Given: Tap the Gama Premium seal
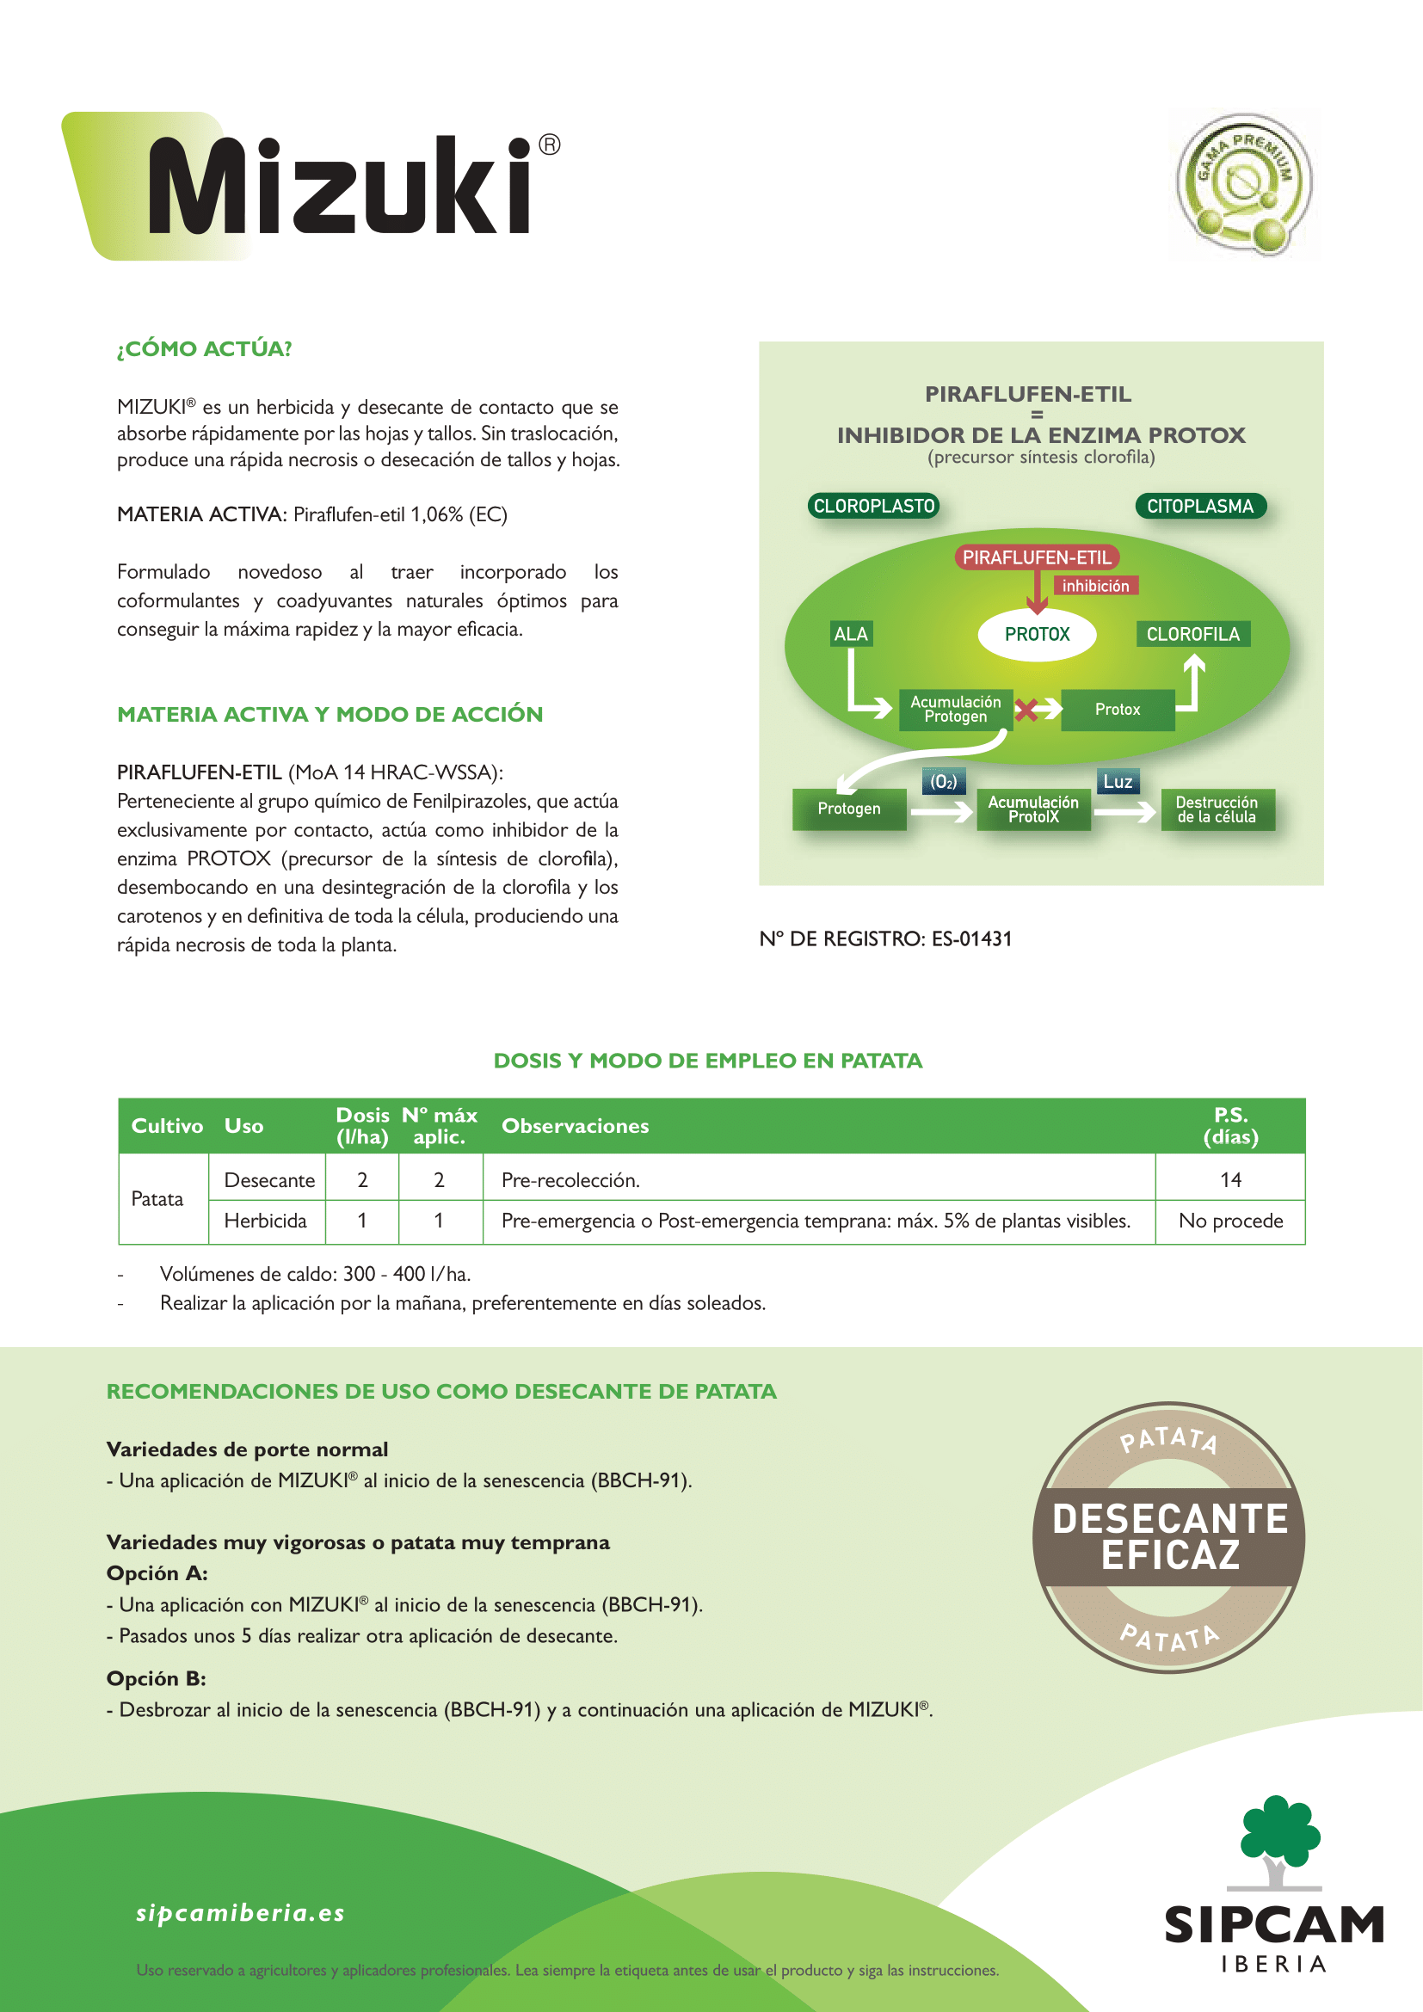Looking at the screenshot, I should tap(1244, 184).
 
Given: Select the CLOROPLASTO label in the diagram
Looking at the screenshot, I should tap(873, 506).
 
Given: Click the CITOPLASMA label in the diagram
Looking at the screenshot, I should tap(1200, 506).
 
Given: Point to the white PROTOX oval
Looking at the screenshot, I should tap(1037, 634).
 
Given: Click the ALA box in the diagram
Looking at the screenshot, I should tap(850, 634).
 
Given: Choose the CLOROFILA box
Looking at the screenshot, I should tap(1192, 634).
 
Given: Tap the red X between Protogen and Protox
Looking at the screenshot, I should tap(1026, 710).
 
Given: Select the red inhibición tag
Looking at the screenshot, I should tap(1095, 586).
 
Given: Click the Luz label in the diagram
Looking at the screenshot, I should tap(1118, 781).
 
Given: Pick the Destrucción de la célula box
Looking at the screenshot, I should tap(1217, 809).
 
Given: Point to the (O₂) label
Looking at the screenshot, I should tap(943, 781).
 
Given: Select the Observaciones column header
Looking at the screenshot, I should tap(575, 1126).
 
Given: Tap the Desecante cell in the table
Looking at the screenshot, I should tap(269, 1179).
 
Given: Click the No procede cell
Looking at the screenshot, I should tap(1230, 1221).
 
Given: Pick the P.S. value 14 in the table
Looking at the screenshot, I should tap(1230, 1179).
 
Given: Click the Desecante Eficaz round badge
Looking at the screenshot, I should tap(1169, 1537).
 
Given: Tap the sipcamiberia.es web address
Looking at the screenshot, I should tap(241, 1912).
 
